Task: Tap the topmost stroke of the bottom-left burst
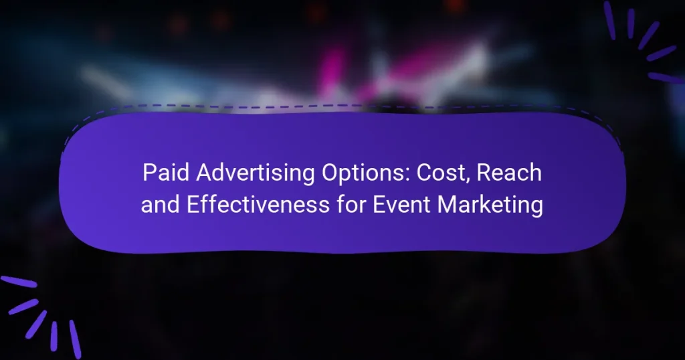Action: pyautogui.click(x=18, y=282)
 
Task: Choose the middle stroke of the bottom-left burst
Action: pyautogui.click(x=36, y=323)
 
